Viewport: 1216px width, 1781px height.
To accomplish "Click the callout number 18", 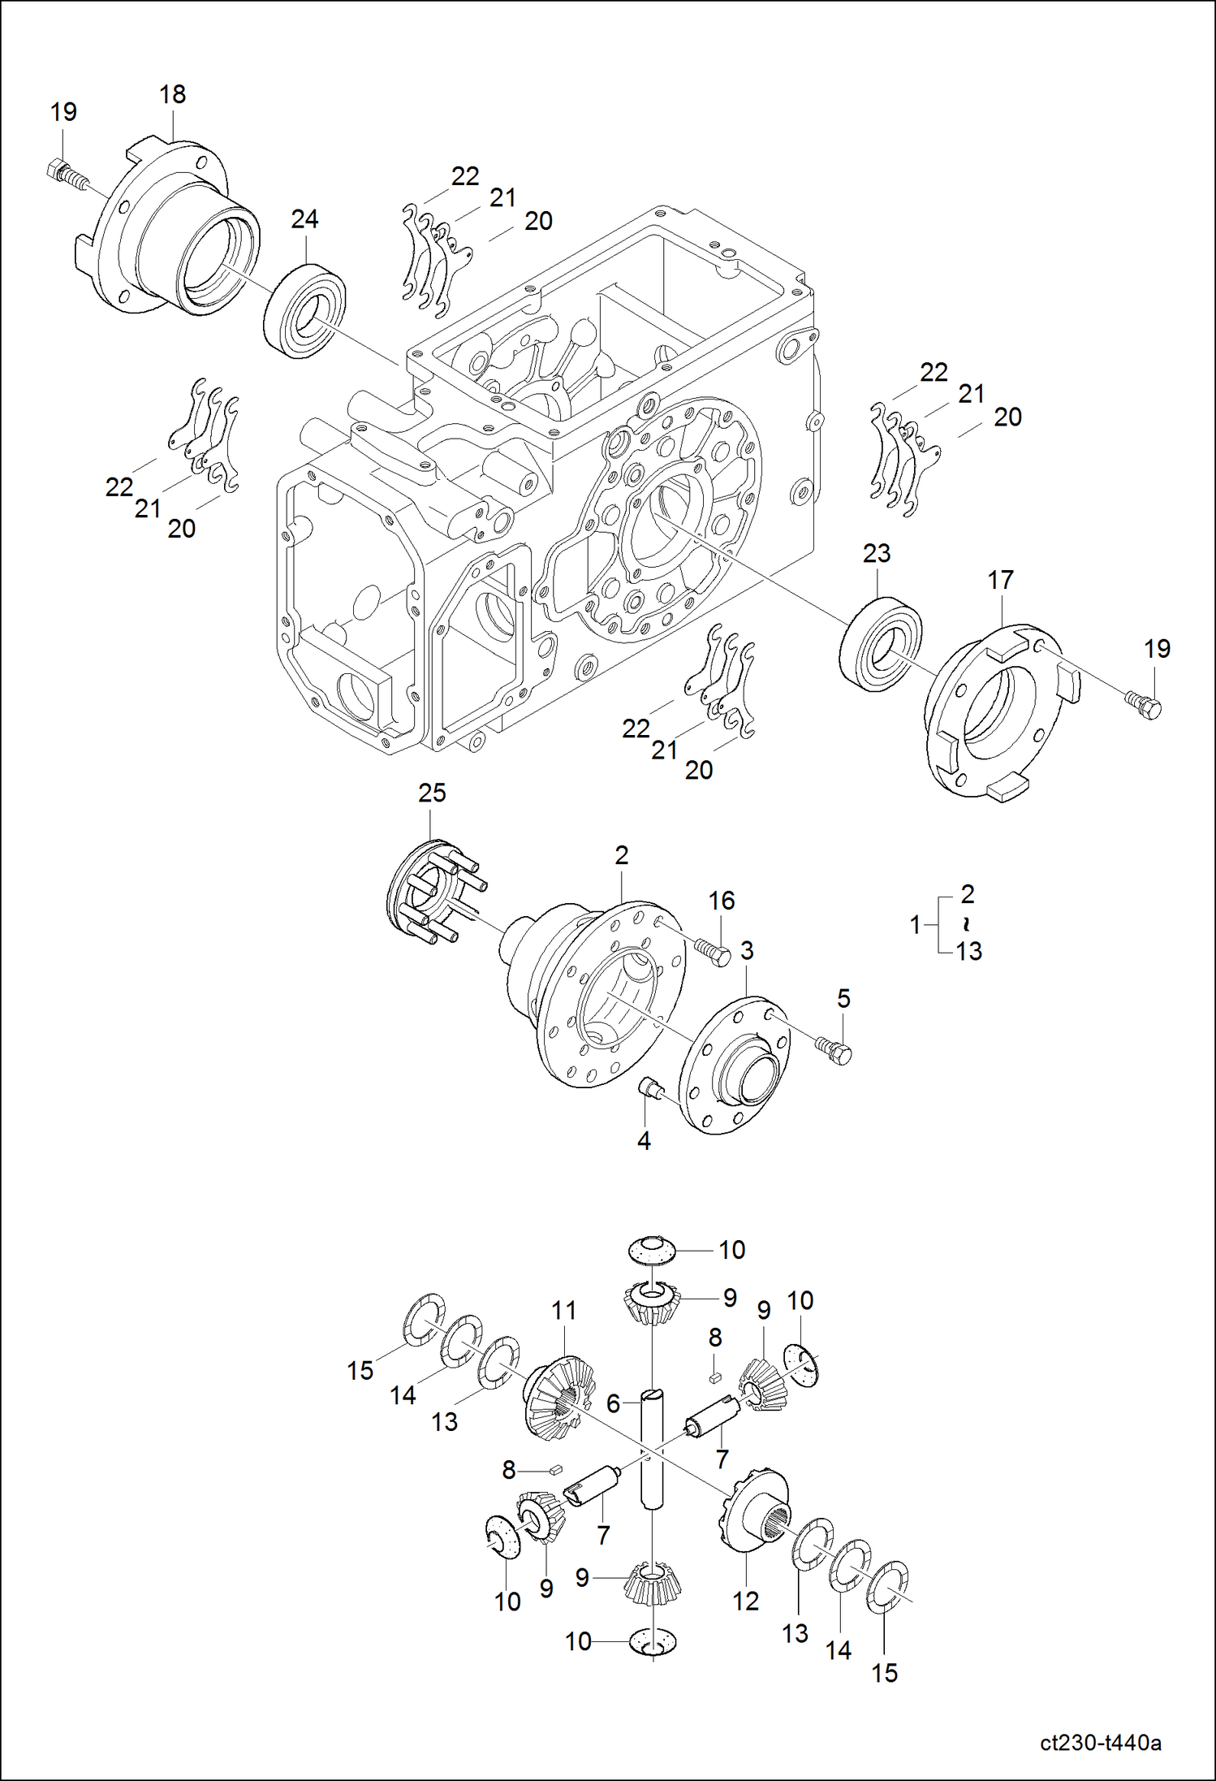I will tap(172, 95).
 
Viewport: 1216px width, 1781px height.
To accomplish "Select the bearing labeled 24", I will tap(305, 309).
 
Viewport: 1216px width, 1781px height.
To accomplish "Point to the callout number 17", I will tap(1000, 580).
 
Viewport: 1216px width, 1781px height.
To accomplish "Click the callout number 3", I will tap(747, 950).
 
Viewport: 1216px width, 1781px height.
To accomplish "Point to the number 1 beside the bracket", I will tap(915, 924).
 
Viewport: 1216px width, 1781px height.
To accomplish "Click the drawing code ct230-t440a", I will tap(1100, 1743).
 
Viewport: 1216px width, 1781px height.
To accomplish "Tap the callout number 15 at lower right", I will tap(884, 1673).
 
